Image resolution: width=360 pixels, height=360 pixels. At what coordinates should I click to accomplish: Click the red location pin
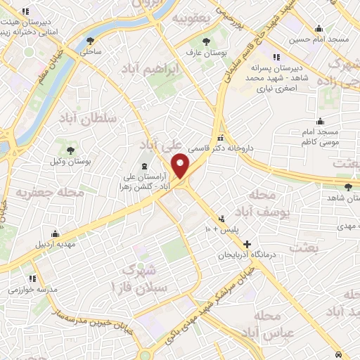(x=181, y=167)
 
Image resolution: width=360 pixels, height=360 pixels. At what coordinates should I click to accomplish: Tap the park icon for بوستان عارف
(x=206, y=41)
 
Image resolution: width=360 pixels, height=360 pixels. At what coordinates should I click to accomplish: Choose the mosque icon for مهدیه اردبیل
(x=55, y=234)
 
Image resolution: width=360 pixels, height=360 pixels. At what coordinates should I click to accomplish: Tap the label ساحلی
(x=91, y=51)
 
